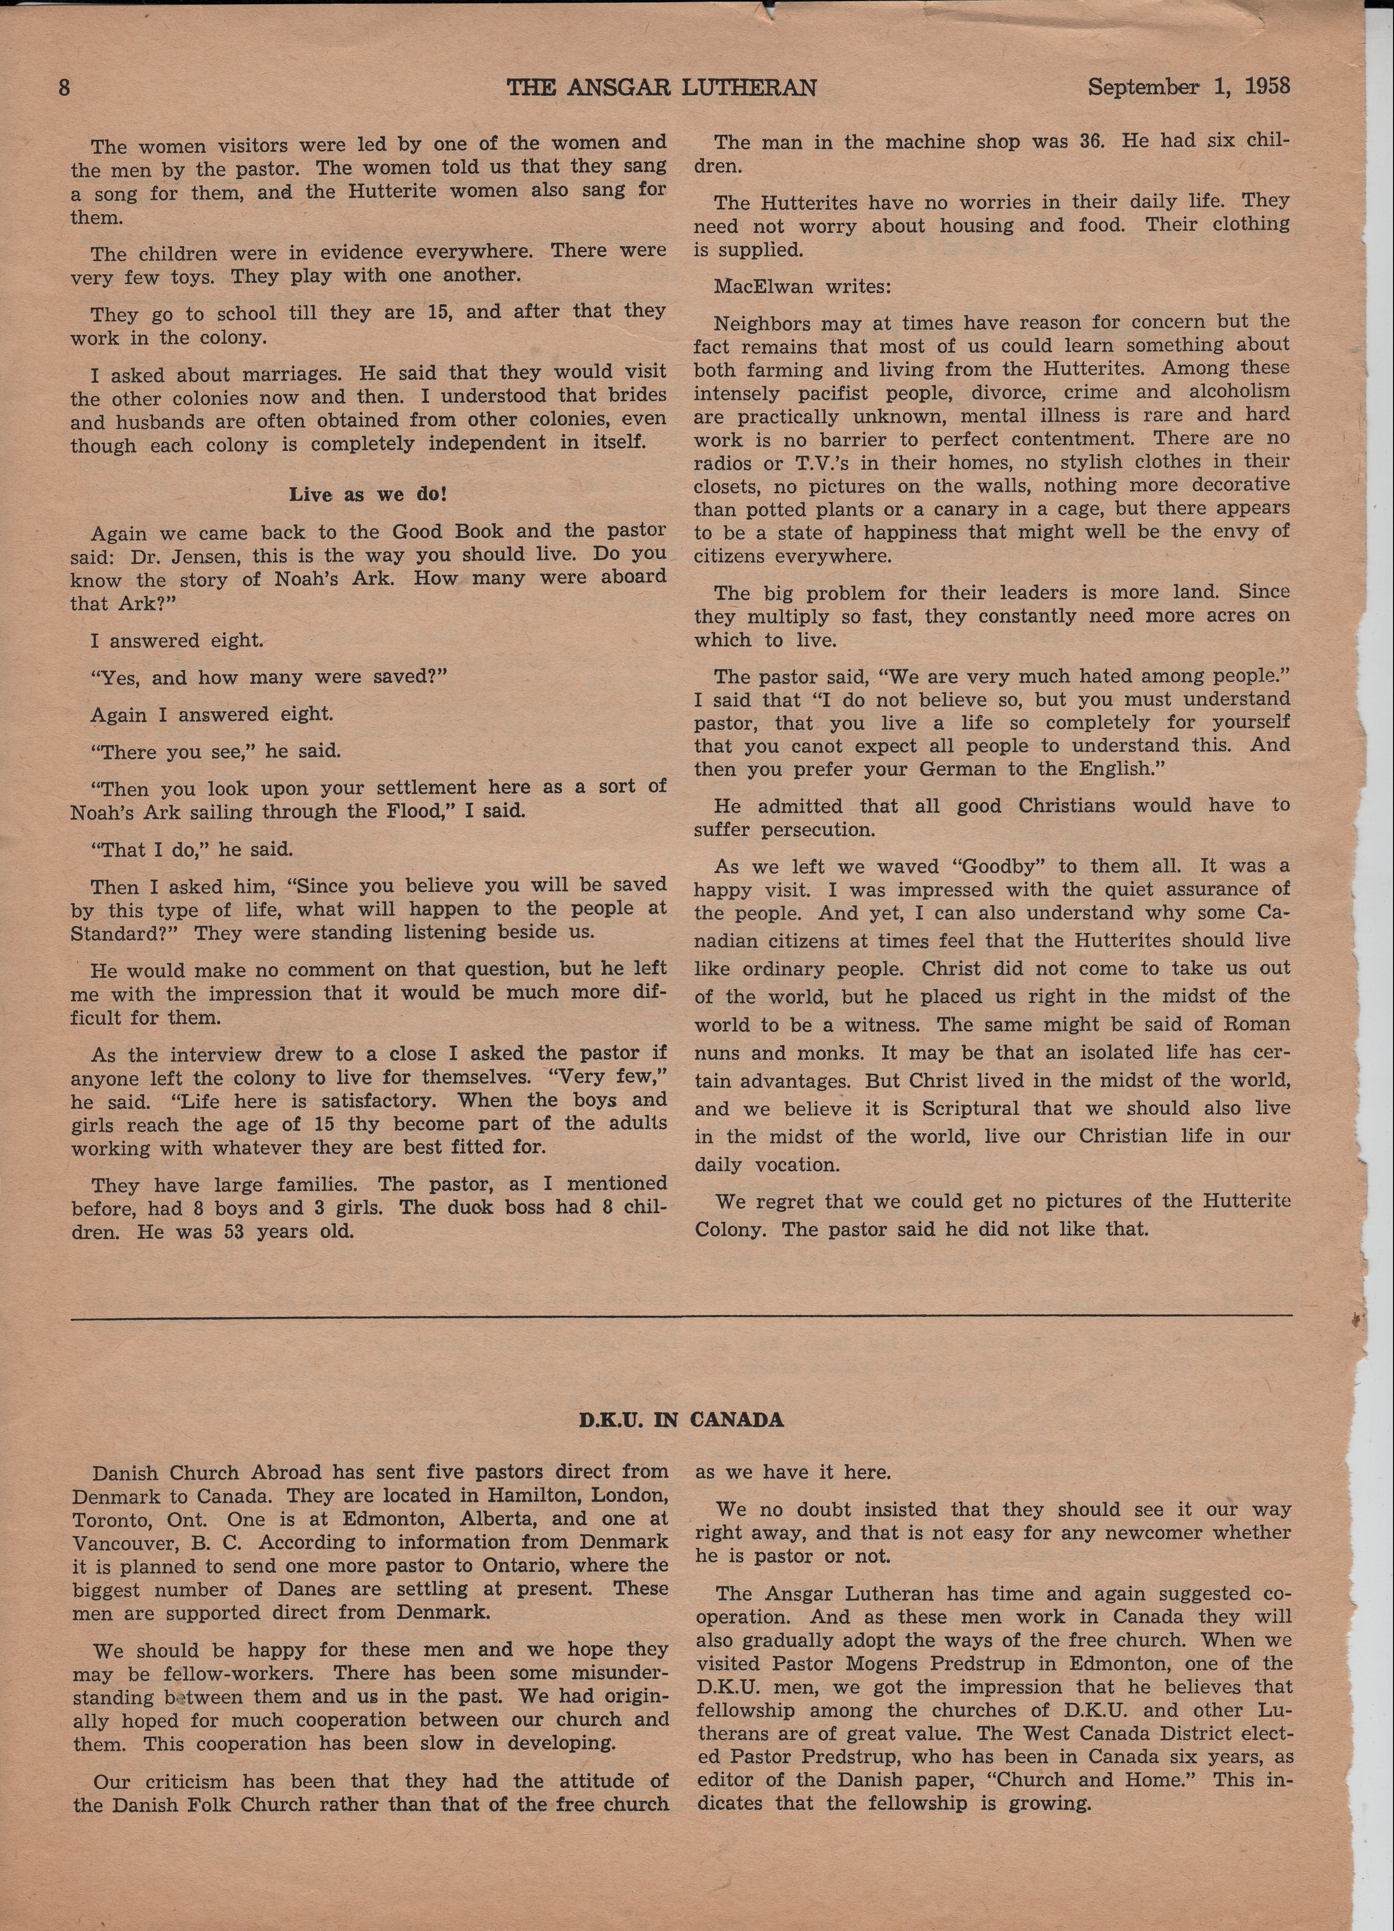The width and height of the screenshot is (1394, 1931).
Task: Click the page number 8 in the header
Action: [x=64, y=88]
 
